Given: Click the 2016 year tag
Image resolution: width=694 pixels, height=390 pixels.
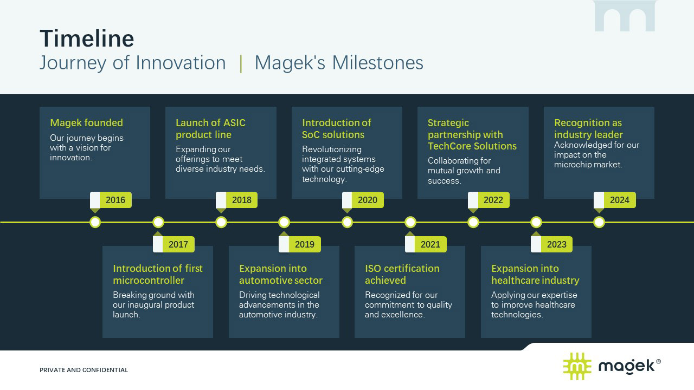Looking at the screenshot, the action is [x=111, y=200].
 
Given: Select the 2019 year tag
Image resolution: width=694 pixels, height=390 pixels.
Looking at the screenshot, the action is [x=300, y=244].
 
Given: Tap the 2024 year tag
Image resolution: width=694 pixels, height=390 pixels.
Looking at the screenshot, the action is [x=615, y=200].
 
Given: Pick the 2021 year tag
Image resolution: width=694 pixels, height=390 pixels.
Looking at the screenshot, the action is [x=426, y=244].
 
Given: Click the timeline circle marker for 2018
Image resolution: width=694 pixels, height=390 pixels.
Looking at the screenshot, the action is [x=221, y=222].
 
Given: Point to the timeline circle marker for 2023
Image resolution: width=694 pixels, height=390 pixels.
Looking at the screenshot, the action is [x=536, y=222].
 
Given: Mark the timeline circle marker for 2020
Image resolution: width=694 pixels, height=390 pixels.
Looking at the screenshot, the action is [x=348, y=222].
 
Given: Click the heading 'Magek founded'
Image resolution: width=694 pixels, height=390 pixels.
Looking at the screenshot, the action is [x=86, y=123].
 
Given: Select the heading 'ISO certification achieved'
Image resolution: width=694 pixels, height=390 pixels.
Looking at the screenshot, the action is [x=402, y=274].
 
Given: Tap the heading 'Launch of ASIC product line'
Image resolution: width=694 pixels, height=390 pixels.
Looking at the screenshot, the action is [x=210, y=128].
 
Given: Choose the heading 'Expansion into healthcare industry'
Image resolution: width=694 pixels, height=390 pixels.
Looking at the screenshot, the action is [x=535, y=274].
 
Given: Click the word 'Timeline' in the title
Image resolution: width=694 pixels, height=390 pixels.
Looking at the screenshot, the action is [x=87, y=38].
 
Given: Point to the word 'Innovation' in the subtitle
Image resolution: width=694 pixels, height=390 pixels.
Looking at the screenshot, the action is [x=181, y=63].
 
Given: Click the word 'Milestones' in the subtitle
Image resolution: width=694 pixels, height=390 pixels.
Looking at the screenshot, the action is [x=377, y=63].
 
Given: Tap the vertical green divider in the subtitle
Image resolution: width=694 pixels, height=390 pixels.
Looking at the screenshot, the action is [x=241, y=63].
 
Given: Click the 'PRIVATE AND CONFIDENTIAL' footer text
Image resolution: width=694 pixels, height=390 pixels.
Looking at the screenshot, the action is [x=83, y=370].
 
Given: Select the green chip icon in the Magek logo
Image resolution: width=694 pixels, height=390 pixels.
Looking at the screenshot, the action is [x=577, y=366].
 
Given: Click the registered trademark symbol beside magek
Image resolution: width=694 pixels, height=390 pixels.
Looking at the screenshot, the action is [x=658, y=361].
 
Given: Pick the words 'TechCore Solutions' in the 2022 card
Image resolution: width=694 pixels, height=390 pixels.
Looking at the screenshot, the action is [x=472, y=146].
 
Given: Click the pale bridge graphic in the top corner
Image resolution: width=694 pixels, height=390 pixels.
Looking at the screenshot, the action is [x=625, y=16].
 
